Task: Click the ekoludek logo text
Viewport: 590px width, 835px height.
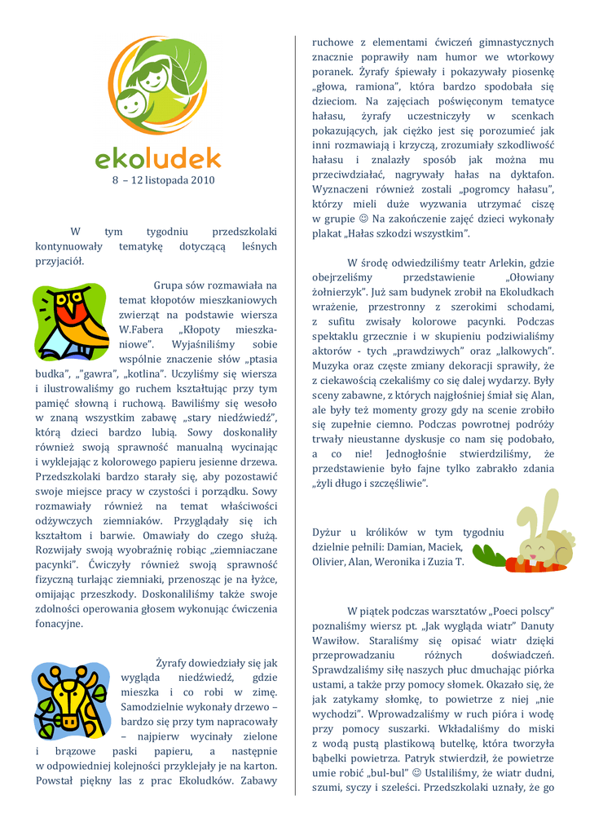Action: (157, 157)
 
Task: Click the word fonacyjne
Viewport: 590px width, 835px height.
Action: (59, 624)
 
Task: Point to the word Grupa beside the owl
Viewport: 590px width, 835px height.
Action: (171, 285)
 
